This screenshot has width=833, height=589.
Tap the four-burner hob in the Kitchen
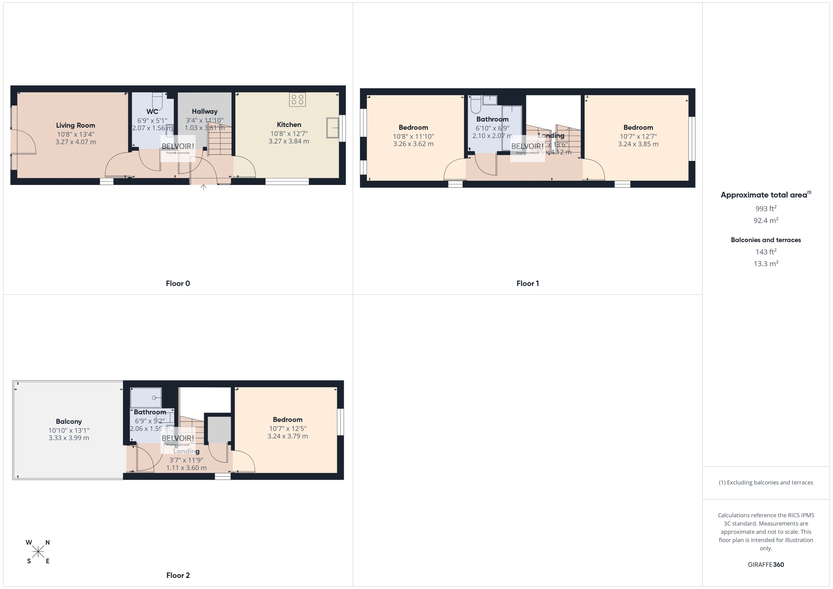297,99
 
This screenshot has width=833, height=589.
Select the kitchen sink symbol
332,128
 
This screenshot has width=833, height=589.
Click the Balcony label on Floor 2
69,421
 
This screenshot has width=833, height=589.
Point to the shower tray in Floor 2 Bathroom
146,398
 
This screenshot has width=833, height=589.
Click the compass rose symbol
38,552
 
